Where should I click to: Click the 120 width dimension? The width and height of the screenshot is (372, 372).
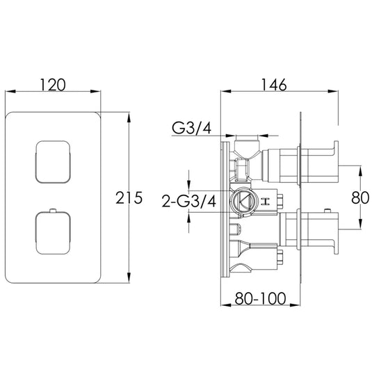coord(55,85)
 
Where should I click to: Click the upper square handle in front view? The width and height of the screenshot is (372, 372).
coord(53,161)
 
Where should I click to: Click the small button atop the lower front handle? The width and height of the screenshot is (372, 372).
coord(53,210)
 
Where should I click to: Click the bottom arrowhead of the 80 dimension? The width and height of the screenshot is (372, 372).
coord(361,226)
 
